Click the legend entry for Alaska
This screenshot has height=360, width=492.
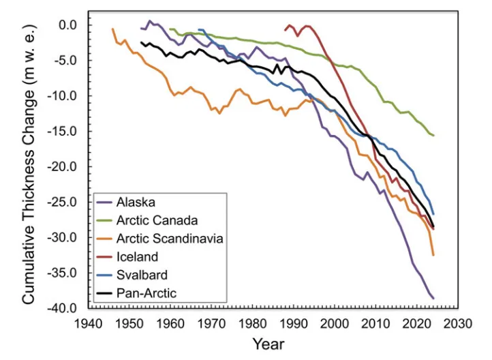(136, 202)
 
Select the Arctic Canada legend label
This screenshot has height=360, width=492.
(157, 220)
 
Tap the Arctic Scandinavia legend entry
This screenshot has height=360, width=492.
(170, 239)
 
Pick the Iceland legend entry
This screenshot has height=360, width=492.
(137, 257)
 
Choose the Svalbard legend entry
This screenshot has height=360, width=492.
(142, 275)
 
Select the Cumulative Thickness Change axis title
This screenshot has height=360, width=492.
(29, 164)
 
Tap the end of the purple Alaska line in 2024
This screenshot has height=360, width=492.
(433, 299)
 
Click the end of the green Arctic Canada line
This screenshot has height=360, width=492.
(433, 135)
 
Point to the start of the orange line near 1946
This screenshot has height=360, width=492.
(112, 29)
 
